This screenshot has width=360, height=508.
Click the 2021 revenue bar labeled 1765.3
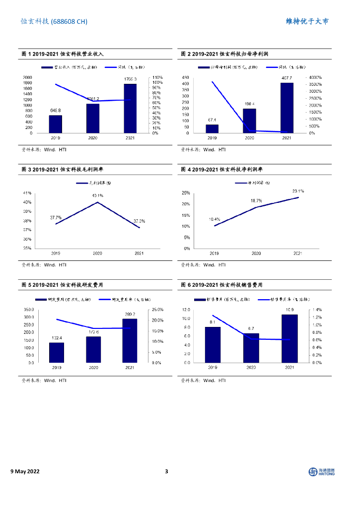tap(130, 108)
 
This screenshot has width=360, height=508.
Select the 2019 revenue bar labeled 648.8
tap(55, 124)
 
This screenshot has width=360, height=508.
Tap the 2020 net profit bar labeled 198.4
tap(249, 121)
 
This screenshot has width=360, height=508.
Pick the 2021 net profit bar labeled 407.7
tap(287, 108)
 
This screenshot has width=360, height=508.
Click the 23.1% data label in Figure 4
tap(298, 190)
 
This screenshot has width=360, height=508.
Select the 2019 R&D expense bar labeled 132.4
tap(56, 352)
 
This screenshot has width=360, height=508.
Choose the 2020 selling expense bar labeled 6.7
tap(251, 348)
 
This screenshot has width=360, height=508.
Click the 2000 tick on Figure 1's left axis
tap(28, 77)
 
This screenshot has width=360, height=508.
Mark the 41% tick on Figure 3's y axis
tap(28, 193)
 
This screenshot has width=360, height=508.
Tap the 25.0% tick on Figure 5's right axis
tap(157, 310)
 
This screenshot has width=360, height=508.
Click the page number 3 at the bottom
tap(167, 471)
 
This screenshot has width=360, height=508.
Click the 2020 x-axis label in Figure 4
tap(256, 254)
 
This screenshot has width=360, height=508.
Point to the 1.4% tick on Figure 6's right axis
tap(316, 310)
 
